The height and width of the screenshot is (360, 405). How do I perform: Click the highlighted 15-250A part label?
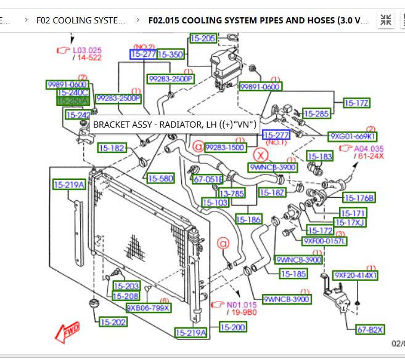click(x=73, y=100)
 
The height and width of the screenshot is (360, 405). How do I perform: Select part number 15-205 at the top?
click(x=203, y=38)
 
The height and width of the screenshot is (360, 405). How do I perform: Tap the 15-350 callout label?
click(x=171, y=54)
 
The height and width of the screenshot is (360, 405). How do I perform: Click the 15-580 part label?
click(x=160, y=178)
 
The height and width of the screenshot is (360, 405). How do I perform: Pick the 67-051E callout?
click(x=208, y=179)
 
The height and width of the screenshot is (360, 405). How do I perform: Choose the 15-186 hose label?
click(x=248, y=219)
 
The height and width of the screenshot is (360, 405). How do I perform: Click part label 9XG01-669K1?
click(x=353, y=136)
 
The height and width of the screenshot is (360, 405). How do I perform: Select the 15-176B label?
click(x=359, y=198)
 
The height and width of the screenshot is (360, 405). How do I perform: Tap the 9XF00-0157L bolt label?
click(x=325, y=240)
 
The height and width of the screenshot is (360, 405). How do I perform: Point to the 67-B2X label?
click(x=370, y=329)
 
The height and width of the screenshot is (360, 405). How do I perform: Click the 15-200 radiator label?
click(x=233, y=327)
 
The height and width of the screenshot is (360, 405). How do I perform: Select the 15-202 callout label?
click(x=113, y=321)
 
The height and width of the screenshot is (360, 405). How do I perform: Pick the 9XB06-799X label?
click(x=148, y=307)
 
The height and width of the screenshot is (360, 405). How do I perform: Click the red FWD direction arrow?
click(x=67, y=332)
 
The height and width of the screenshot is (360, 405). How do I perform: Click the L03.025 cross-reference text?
click(x=87, y=49)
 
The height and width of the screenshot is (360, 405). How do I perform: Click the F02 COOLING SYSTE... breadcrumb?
click(x=81, y=20)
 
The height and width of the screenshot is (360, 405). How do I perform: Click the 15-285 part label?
click(x=317, y=113)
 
